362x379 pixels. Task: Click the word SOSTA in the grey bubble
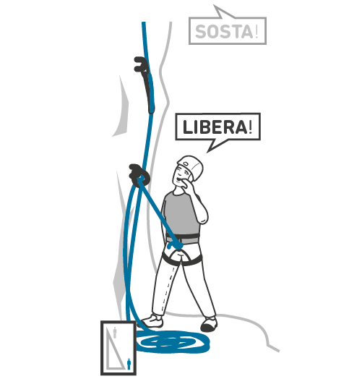[224, 32]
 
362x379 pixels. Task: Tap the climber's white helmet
[191, 167]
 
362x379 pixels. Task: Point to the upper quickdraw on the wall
[145, 83]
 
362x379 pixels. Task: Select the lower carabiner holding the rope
[139, 175]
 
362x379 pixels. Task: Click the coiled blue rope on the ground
[172, 341]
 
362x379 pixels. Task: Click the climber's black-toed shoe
[209, 325]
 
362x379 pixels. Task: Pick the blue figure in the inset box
[129, 365]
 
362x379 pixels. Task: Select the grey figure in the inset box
[115, 333]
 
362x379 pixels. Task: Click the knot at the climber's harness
[177, 245]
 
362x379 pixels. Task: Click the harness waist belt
[184, 238]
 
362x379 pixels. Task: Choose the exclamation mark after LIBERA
[250, 127]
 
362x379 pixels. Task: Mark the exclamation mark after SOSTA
[257, 32]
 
